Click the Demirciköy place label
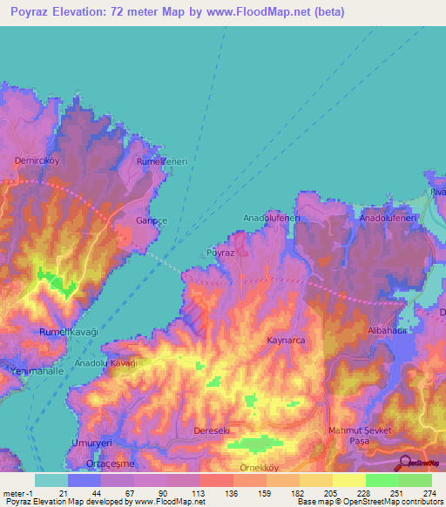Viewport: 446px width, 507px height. (36, 161)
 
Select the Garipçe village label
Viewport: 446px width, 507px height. (150, 221)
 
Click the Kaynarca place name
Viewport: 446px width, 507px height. (286, 341)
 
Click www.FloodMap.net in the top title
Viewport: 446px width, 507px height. (267, 12)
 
